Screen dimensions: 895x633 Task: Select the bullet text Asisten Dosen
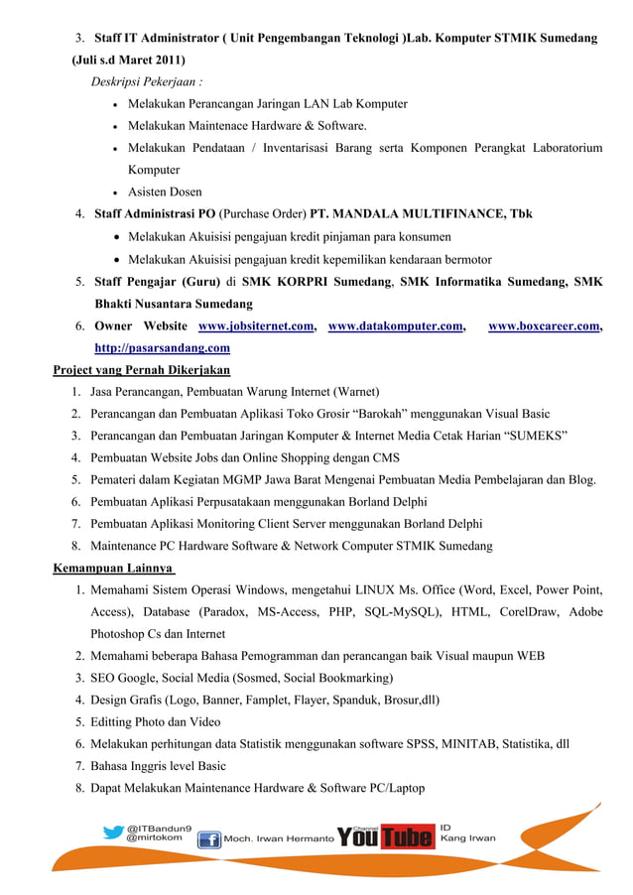[165, 192]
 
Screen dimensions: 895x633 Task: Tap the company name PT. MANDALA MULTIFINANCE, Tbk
[422, 213]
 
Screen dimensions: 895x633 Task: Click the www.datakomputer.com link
[395, 325]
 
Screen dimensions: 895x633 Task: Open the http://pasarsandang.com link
[163, 348]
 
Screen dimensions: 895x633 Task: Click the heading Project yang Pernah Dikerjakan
[141, 370]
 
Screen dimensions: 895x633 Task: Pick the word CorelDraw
[526, 612]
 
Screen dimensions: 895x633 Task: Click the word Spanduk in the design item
[323, 701]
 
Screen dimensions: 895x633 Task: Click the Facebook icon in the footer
[209, 839]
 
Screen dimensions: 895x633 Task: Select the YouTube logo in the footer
[386, 837]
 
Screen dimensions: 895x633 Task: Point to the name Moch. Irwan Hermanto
[279, 839]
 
